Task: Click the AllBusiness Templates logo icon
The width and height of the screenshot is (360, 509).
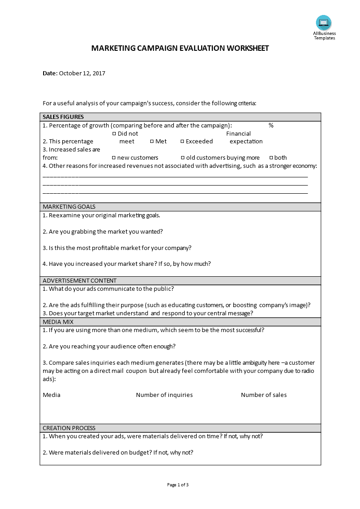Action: [x=324, y=23]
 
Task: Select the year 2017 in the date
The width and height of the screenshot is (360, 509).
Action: [x=99, y=73]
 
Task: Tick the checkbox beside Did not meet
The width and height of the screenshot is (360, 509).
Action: [x=114, y=134]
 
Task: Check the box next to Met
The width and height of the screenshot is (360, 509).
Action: [x=152, y=142]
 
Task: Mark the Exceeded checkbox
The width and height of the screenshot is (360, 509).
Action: [x=182, y=142]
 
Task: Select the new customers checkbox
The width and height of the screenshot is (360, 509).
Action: [x=114, y=158]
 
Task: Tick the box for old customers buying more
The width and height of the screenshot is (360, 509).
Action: [x=183, y=158]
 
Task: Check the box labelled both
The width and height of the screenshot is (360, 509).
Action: [x=271, y=158]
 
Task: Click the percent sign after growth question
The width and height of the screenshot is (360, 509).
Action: [x=271, y=126]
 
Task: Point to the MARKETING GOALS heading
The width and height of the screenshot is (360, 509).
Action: [x=69, y=207]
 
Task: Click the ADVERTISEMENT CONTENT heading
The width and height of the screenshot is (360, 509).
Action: [x=79, y=281]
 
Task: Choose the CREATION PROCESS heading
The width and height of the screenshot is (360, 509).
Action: [x=69, y=428]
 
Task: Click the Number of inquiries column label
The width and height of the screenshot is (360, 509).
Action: [x=164, y=395]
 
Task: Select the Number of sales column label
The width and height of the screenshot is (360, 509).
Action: [x=264, y=395]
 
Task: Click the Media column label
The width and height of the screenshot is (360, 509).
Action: [x=51, y=395]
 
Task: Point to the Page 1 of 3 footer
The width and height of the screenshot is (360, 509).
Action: [x=178, y=485]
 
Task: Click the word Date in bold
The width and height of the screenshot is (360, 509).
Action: [x=50, y=73]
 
